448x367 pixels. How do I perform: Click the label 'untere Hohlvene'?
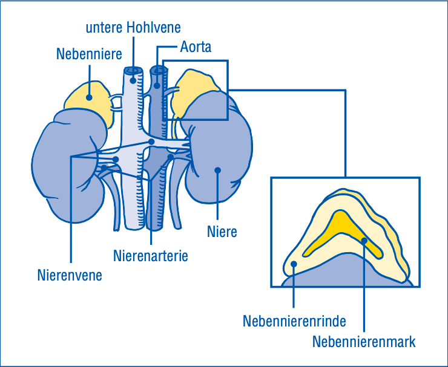point(133,28)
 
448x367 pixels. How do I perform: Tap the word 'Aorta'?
point(196,47)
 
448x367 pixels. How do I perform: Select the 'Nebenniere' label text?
point(89,54)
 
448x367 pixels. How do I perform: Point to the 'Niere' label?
point(222,232)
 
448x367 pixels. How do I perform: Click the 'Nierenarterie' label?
point(151,255)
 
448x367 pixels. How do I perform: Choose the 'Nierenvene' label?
point(70,275)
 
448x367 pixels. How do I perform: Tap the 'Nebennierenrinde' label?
point(294,321)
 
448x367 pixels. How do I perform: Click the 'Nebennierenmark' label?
point(364,342)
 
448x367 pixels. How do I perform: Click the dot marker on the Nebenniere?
point(89,97)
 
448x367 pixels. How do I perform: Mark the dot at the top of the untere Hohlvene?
point(133,80)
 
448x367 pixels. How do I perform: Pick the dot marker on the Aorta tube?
point(157,85)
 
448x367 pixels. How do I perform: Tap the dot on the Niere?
point(218,171)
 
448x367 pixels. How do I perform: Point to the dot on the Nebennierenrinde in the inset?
point(294,264)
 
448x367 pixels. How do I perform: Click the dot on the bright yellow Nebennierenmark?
point(364,241)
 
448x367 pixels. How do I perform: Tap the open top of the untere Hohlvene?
point(133,71)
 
